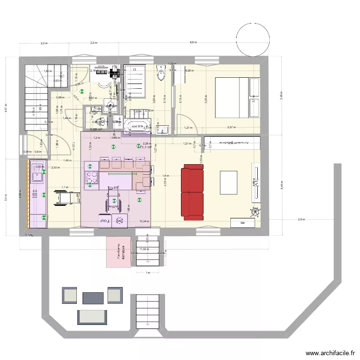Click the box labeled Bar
243,223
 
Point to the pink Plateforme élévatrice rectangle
119,251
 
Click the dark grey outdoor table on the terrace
93,298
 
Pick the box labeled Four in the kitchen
105,220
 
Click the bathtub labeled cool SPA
138,127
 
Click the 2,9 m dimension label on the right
301,219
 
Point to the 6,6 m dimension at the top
193,42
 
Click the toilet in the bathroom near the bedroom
160,74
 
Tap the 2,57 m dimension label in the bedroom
232,127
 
